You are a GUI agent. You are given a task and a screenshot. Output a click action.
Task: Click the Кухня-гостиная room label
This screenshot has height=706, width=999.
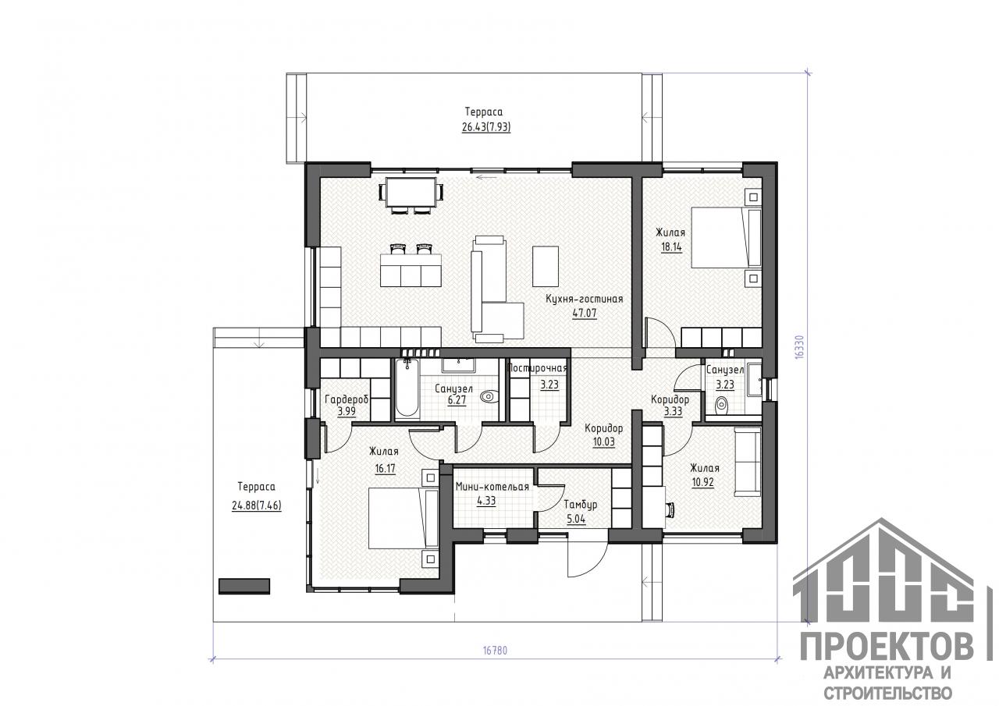coord(585,299)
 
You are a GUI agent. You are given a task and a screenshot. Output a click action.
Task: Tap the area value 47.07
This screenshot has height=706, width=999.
coord(585,313)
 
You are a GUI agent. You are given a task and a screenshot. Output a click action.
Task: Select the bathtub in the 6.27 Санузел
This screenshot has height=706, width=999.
coord(407,388)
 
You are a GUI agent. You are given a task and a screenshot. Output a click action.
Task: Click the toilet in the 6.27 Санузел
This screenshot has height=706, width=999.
coord(489,396)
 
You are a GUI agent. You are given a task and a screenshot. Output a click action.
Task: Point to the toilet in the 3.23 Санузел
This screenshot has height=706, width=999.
coord(721,405)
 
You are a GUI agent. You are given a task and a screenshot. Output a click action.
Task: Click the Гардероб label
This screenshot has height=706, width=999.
coord(346,399)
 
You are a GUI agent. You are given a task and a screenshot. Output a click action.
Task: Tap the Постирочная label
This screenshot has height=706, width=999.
coord(538,368)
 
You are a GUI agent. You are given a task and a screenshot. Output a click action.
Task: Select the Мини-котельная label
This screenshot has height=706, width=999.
coord(492,487)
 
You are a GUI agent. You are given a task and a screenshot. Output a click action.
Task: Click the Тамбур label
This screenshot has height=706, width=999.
coord(580,505)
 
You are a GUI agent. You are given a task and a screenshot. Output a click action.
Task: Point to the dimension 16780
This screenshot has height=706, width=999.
coord(495,651)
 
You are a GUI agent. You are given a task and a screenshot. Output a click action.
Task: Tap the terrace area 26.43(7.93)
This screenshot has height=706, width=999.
coord(486,127)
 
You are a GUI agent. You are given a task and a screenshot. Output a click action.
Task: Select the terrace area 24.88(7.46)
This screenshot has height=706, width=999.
coord(257,506)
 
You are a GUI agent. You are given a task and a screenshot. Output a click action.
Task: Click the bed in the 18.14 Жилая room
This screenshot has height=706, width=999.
coord(726,238)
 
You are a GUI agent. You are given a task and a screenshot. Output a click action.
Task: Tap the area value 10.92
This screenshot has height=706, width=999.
coord(702,482)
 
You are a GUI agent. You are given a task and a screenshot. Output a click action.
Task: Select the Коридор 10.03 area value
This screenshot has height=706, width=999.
coord(603,442)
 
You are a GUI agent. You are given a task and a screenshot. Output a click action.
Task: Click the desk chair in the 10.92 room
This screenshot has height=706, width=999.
coord(670,509)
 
